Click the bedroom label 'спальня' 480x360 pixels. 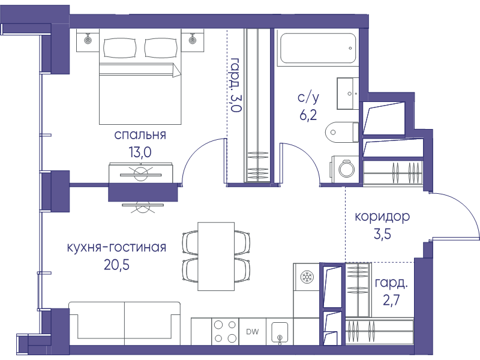click(x=140, y=134)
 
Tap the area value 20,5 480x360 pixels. click(x=116, y=265)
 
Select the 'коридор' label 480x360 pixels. click(x=382, y=217)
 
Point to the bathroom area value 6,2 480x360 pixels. click(x=308, y=115)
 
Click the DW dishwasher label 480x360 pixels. click(x=253, y=331)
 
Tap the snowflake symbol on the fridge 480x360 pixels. click(x=306, y=277)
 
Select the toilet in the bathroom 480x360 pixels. click(x=341, y=132)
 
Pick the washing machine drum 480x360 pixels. click(x=347, y=169)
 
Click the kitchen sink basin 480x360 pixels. click(x=280, y=332)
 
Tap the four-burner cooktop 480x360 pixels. click(x=225, y=332)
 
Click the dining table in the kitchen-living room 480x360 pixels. click(x=216, y=256)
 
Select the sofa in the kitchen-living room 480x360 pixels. click(x=125, y=324)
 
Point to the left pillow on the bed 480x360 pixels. click(x=119, y=48)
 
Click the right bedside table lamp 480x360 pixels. click(x=193, y=40)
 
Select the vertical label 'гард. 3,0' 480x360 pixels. click(x=236, y=85)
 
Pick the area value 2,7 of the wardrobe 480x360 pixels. click(x=391, y=301)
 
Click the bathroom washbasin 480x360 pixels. click(x=348, y=94)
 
